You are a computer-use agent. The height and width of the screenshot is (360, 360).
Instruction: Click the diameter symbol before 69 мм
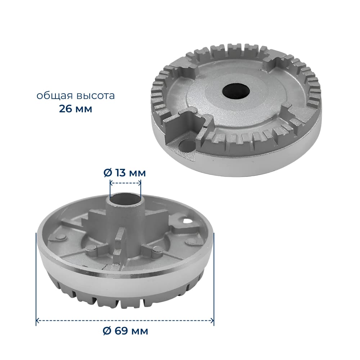(107, 331)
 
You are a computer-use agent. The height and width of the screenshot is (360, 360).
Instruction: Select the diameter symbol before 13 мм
(108, 173)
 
